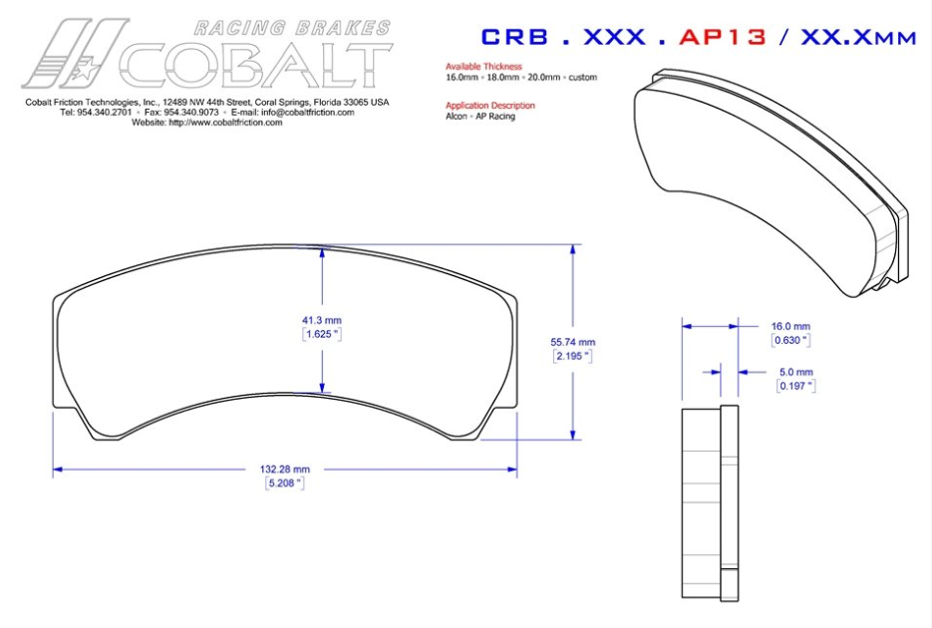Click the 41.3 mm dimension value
(322, 320)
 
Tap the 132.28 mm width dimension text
(285, 469)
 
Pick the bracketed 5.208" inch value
(285, 482)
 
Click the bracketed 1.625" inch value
(322, 334)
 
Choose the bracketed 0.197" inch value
(794, 385)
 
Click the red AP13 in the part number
(723, 37)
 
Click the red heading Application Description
(490, 105)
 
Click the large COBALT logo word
(254, 63)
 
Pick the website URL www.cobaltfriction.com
(221, 123)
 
